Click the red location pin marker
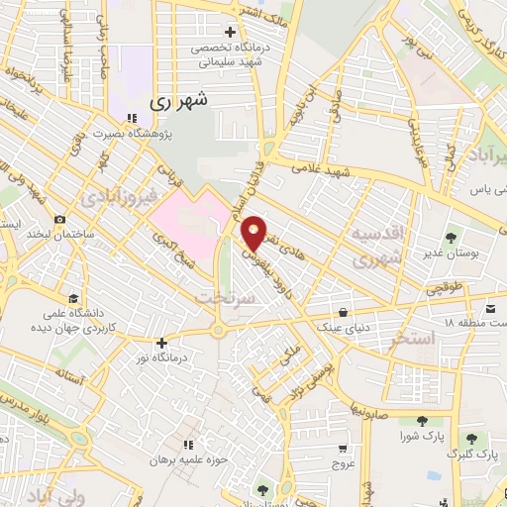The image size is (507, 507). [254, 233]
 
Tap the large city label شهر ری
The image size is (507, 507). [181, 102]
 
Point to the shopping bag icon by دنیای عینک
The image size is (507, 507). [343, 310]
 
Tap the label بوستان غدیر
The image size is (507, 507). [450, 254]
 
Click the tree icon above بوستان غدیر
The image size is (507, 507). [452, 238]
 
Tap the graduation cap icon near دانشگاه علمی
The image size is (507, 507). [73, 297]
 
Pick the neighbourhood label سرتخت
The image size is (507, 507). [221, 296]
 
